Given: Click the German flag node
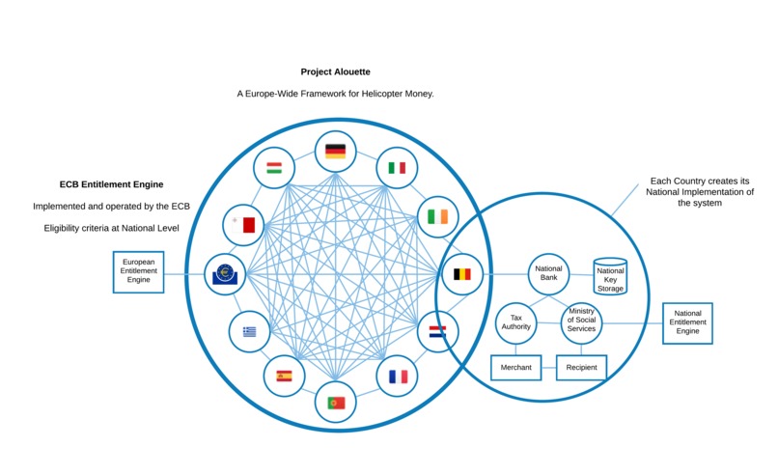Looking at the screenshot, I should point(335,151).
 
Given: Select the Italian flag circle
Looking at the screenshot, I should point(396,167).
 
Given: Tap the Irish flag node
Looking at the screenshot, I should point(437,216).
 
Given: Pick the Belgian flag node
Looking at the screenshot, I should point(462,274).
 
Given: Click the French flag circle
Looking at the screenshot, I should point(398,376).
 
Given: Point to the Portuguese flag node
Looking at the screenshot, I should point(336,402).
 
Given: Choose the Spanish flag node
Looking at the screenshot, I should point(284,376).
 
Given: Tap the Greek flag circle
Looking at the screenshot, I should point(250,332).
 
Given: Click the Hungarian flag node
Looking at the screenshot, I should point(274,168).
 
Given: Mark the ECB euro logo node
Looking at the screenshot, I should point(225,274).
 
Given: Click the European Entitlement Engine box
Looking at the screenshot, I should point(138,271).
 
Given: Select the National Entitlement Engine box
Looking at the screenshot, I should point(687,322).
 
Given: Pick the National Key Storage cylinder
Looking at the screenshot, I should point(610,276).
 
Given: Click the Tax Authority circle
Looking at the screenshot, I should point(515,321).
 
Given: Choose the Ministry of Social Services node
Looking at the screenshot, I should point(581,321).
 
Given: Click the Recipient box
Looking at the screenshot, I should point(581,367).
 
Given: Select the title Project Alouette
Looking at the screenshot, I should point(335,71).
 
